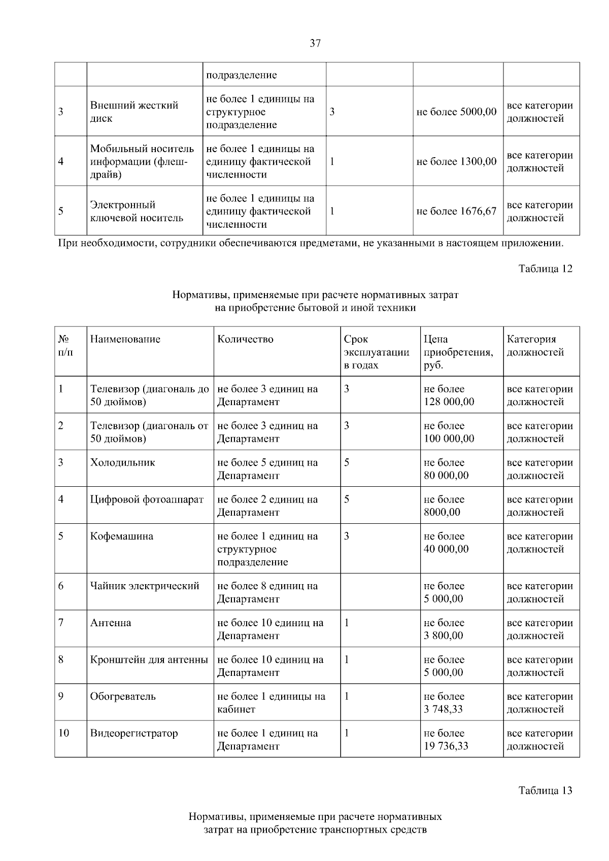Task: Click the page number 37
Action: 315,44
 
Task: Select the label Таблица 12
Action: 545,269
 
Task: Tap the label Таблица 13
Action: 545,791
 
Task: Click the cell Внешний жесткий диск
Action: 134,112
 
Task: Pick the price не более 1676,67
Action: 456,211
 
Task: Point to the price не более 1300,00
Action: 456,162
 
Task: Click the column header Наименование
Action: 125,339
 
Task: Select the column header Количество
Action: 245,339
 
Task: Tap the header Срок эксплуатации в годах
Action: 376,352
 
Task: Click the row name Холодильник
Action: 122,462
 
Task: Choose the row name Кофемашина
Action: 121,536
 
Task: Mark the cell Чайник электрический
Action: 145,586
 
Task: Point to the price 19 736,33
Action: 446,746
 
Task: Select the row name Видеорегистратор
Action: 134,733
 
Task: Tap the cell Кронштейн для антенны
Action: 149,660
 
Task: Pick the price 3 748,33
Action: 443,709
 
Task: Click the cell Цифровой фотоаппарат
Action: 147,499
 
